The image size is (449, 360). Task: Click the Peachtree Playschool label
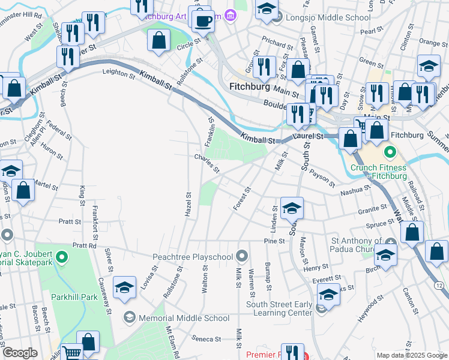click(x=196, y=257)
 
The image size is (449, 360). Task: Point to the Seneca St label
click(x=206, y=339)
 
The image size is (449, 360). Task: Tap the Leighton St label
click(x=119, y=73)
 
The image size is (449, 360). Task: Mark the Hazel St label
click(x=188, y=205)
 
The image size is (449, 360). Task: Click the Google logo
click(x=20, y=353)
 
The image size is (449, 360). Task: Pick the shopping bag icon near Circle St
click(x=159, y=41)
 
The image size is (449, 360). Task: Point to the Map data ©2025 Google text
click(x=412, y=355)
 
